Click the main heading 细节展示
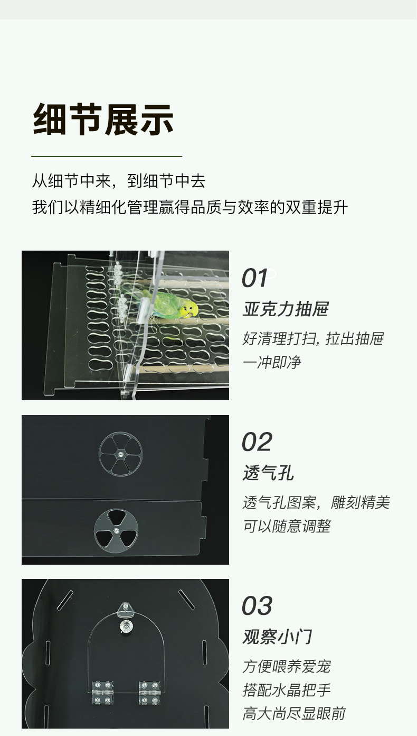pos(103,119)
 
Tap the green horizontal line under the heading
pos(107,157)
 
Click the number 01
pos(254,278)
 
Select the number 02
pos(257,442)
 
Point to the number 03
pos(257,606)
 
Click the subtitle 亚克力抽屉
pos(286,309)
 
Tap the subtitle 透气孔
pos(268,473)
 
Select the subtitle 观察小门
pos(277,637)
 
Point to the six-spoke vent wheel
pos(120,454)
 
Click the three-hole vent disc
pos(116,531)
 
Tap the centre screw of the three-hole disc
pos(116,531)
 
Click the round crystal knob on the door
pos(125,625)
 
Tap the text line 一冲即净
pos(272,362)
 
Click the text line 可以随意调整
pos(287,527)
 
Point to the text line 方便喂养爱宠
pos(287,667)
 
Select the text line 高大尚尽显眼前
pos(294,714)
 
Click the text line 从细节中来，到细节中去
pos(118,181)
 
